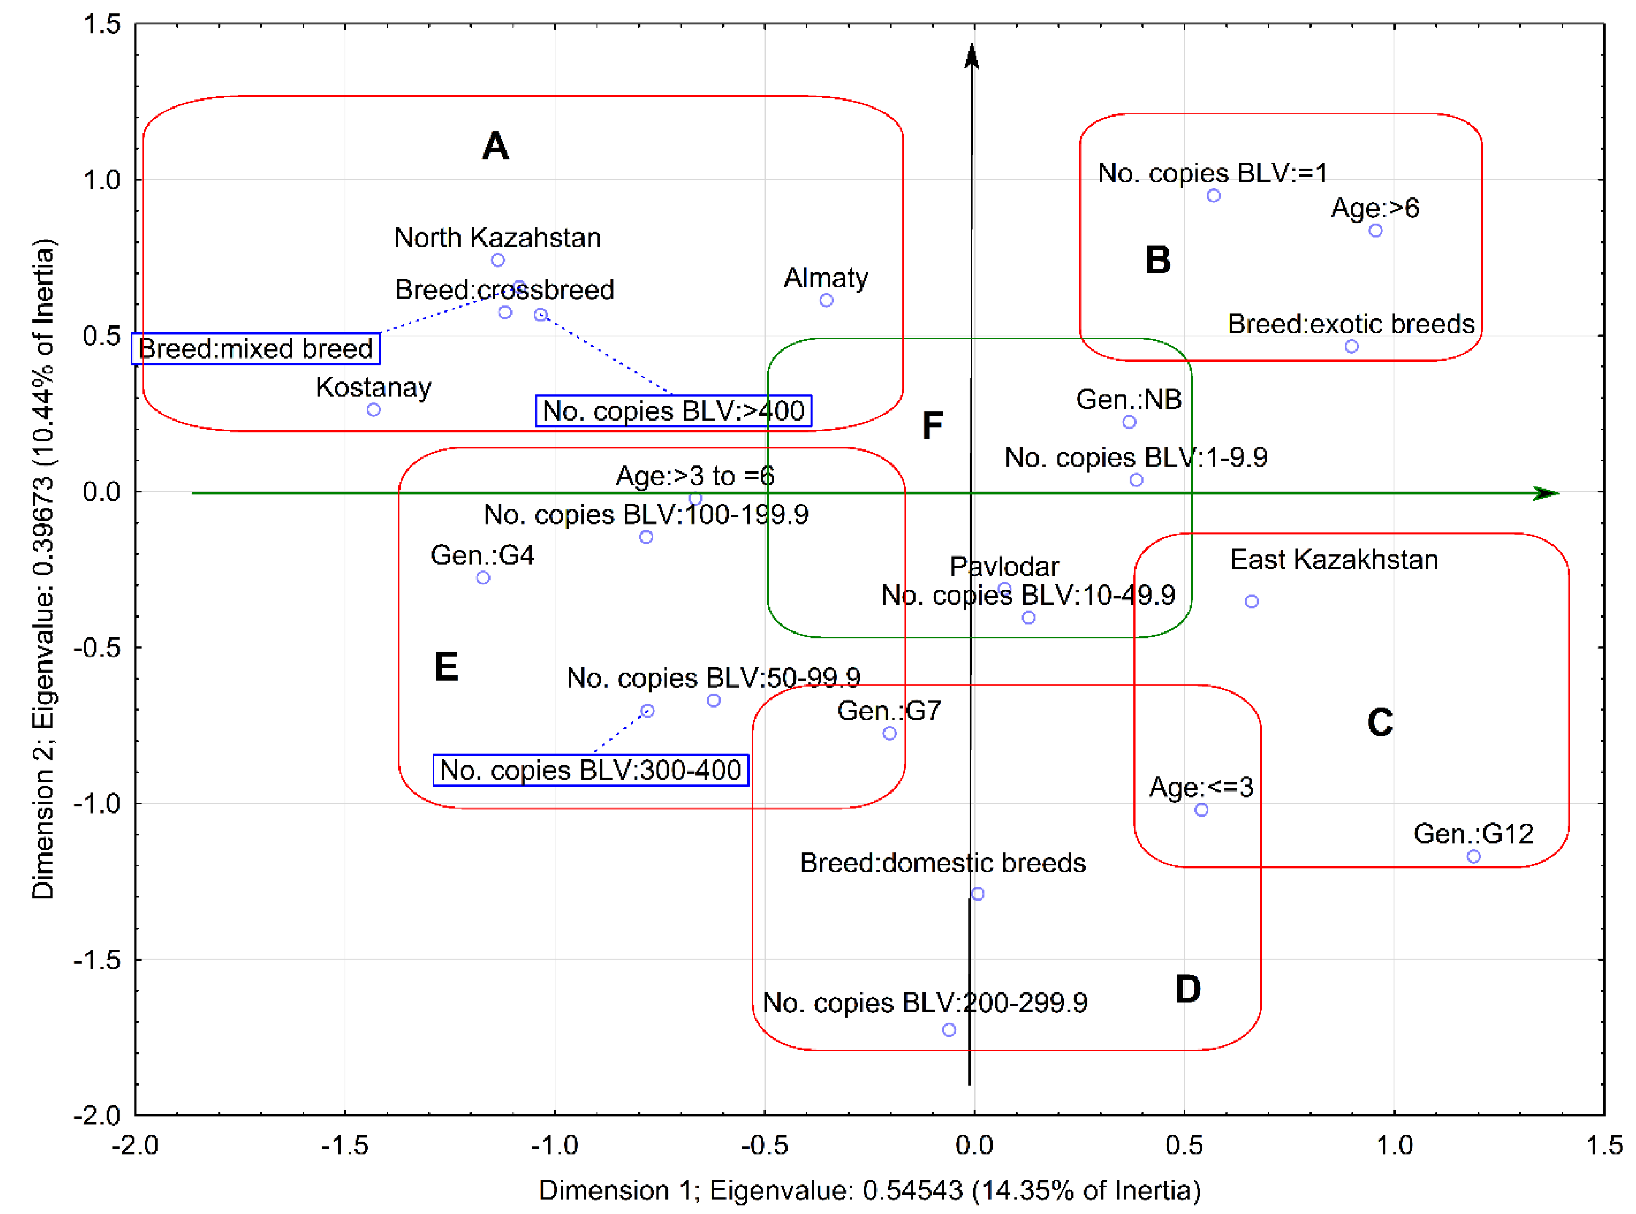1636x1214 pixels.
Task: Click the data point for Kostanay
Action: pyautogui.click(x=374, y=409)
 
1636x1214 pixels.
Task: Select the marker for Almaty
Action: pyautogui.click(x=826, y=300)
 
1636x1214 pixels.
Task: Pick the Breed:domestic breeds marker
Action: pyautogui.click(x=977, y=893)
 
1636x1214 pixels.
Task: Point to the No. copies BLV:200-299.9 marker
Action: pyautogui.click(x=949, y=1029)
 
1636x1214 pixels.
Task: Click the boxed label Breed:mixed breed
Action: pyautogui.click(x=256, y=348)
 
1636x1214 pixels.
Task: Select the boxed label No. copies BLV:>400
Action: pyautogui.click(x=673, y=411)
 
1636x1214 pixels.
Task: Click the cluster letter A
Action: pyautogui.click(x=495, y=145)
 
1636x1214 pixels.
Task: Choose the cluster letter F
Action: pyautogui.click(x=932, y=425)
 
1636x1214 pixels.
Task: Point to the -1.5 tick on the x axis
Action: pyautogui.click(x=345, y=1145)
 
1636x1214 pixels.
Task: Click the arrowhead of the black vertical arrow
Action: pyautogui.click(x=972, y=55)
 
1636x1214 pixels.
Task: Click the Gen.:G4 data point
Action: pyautogui.click(x=483, y=577)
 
